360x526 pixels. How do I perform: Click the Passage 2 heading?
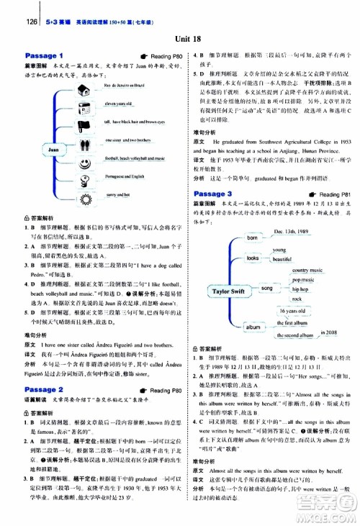(45, 389)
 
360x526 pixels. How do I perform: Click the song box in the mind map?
(267, 287)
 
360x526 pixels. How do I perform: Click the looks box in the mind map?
(253, 258)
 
